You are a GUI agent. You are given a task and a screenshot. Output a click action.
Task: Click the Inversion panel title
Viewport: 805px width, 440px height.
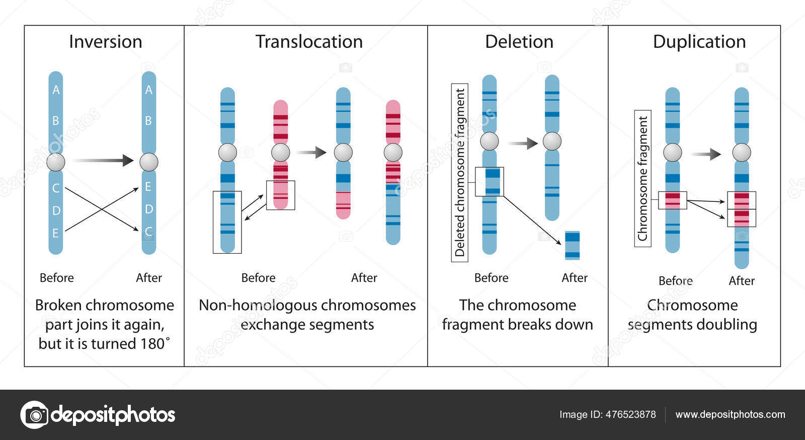(x=106, y=42)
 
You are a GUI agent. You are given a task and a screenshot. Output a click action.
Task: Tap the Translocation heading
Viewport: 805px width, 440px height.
(x=309, y=42)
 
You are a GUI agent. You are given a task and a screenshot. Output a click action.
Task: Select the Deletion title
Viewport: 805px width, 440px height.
(x=519, y=42)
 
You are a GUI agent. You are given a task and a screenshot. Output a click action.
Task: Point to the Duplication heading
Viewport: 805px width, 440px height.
(x=699, y=42)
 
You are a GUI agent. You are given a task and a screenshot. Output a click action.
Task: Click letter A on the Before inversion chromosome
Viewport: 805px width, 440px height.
(x=56, y=90)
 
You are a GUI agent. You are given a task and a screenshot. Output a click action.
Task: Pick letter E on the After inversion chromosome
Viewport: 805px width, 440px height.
(x=148, y=187)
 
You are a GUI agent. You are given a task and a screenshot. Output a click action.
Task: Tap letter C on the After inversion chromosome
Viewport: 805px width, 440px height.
(x=148, y=232)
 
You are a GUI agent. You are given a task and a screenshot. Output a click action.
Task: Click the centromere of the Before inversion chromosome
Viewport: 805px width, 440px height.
(x=56, y=162)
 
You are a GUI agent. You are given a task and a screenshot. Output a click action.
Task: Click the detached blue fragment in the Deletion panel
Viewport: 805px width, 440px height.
(x=572, y=245)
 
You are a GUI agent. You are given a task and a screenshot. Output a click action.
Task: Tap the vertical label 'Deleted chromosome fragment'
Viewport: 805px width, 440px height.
(x=459, y=173)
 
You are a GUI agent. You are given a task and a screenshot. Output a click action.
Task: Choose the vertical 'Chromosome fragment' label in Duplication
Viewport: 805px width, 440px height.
(x=642, y=178)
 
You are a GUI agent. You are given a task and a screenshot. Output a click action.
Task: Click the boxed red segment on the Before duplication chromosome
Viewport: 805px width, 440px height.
(x=673, y=200)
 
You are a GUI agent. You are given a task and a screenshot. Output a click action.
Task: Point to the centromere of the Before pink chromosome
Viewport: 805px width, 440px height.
(x=280, y=153)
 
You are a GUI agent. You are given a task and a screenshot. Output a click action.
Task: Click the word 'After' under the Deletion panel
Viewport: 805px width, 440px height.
(x=574, y=278)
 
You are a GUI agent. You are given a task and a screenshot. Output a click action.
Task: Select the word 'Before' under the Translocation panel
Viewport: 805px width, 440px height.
(x=258, y=278)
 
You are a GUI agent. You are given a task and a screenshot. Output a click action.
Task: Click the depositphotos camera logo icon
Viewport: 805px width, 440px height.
(x=34, y=415)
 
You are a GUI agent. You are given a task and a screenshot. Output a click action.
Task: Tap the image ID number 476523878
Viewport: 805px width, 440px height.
(x=630, y=414)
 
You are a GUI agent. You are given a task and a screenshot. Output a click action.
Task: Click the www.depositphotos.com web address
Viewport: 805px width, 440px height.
(x=730, y=414)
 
